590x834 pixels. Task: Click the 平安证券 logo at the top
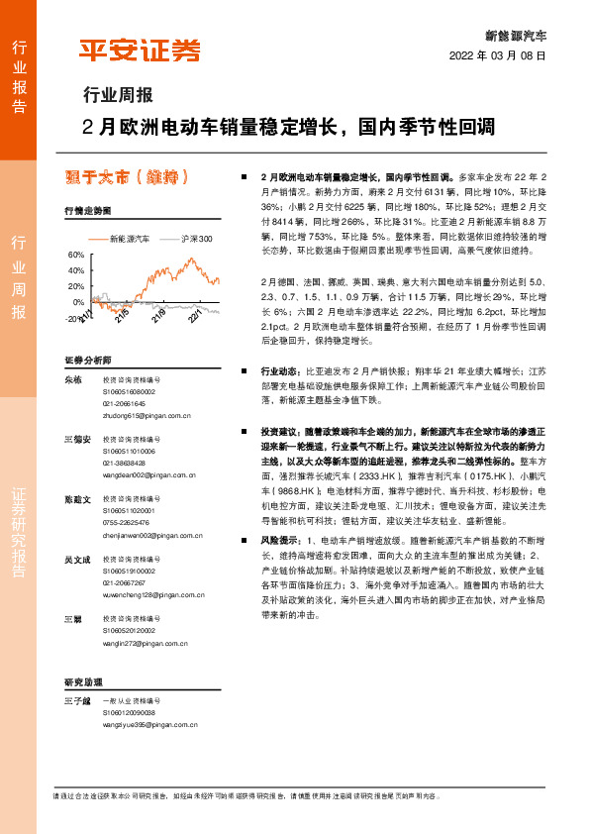(x=140, y=50)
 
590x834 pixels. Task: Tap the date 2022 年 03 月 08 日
(x=498, y=55)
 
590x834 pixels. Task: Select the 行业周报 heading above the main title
(x=118, y=96)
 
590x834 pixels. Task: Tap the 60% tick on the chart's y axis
(x=75, y=255)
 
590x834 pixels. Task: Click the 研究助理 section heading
(x=83, y=683)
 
